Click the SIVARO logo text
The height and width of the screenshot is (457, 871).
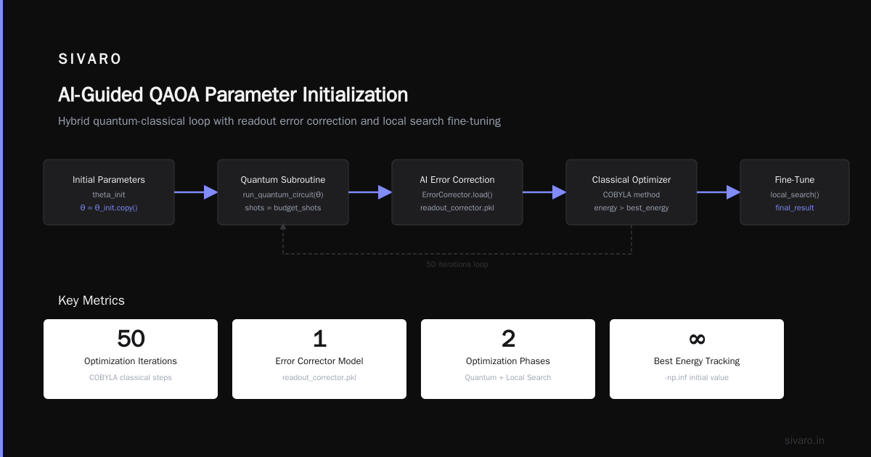click(89, 59)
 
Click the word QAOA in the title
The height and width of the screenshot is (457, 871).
click(173, 95)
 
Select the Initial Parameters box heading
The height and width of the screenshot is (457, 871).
click(108, 180)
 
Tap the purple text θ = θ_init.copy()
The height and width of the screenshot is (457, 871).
click(109, 208)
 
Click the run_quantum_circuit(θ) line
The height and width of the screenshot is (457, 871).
click(283, 194)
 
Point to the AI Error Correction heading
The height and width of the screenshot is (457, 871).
click(457, 180)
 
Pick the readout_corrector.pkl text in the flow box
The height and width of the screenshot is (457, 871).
click(457, 208)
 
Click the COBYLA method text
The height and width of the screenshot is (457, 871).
click(631, 194)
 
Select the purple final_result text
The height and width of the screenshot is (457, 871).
click(794, 208)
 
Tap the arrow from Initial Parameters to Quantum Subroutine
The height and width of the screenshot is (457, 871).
click(196, 192)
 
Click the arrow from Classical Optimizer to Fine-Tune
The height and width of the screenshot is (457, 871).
click(719, 192)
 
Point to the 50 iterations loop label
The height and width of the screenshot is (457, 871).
click(457, 264)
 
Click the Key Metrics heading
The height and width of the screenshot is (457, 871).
click(91, 300)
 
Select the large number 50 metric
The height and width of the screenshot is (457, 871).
click(131, 339)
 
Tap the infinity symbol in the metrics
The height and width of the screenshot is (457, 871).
click(697, 339)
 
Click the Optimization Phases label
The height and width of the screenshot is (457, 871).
click(508, 361)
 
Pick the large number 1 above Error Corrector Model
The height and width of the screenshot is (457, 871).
click(319, 339)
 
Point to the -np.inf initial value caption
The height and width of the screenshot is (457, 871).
click(696, 377)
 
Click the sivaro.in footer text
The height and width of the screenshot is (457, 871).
click(804, 440)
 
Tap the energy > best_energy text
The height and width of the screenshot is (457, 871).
click(631, 208)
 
